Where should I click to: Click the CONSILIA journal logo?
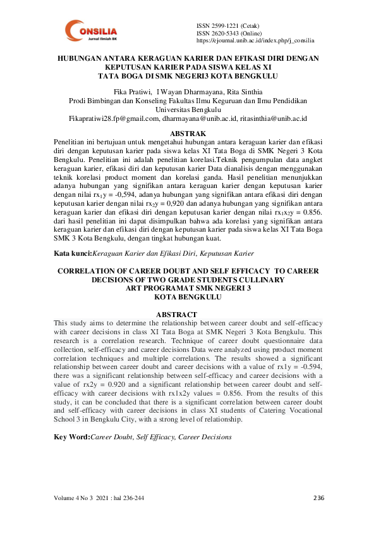(93, 31)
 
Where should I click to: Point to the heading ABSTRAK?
(188, 134)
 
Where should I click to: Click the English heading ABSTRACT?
(176, 315)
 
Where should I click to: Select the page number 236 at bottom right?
(318, 498)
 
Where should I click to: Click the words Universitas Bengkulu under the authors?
(187, 110)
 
